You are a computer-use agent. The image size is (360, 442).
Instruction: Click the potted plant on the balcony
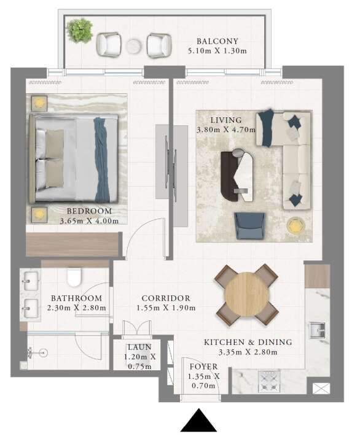(x=80, y=30)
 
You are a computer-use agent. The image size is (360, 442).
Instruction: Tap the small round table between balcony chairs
(x=133, y=46)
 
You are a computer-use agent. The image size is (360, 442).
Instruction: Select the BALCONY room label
(x=217, y=41)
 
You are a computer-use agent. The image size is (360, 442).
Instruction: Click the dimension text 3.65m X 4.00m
(x=89, y=221)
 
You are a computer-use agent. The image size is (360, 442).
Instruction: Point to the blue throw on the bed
(x=101, y=160)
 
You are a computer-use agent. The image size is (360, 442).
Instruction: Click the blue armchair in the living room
(x=249, y=226)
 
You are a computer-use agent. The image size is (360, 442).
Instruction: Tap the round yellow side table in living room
(x=295, y=225)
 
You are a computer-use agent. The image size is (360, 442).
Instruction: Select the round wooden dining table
(x=247, y=294)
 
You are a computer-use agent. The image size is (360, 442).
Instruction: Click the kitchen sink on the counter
(x=318, y=330)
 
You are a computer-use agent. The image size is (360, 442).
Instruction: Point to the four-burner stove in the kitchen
(x=269, y=381)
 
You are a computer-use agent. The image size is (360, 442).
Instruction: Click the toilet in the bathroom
(x=74, y=277)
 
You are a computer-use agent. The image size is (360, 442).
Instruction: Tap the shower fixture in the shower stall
(x=37, y=352)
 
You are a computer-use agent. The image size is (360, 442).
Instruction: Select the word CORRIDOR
(x=166, y=298)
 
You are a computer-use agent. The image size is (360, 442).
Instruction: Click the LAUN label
(x=139, y=347)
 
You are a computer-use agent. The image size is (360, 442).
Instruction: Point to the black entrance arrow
(x=198, y=420)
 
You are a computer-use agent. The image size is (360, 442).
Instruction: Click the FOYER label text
(x=204, y=366)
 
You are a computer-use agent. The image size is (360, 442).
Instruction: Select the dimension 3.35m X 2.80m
(x=248, y=352)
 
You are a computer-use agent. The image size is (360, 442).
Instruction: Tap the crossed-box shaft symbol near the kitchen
(x=321, y=389)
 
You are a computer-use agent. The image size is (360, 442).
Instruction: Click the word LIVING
(x=226, y=120)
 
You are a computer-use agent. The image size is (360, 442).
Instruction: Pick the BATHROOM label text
(x=76, y=298)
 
